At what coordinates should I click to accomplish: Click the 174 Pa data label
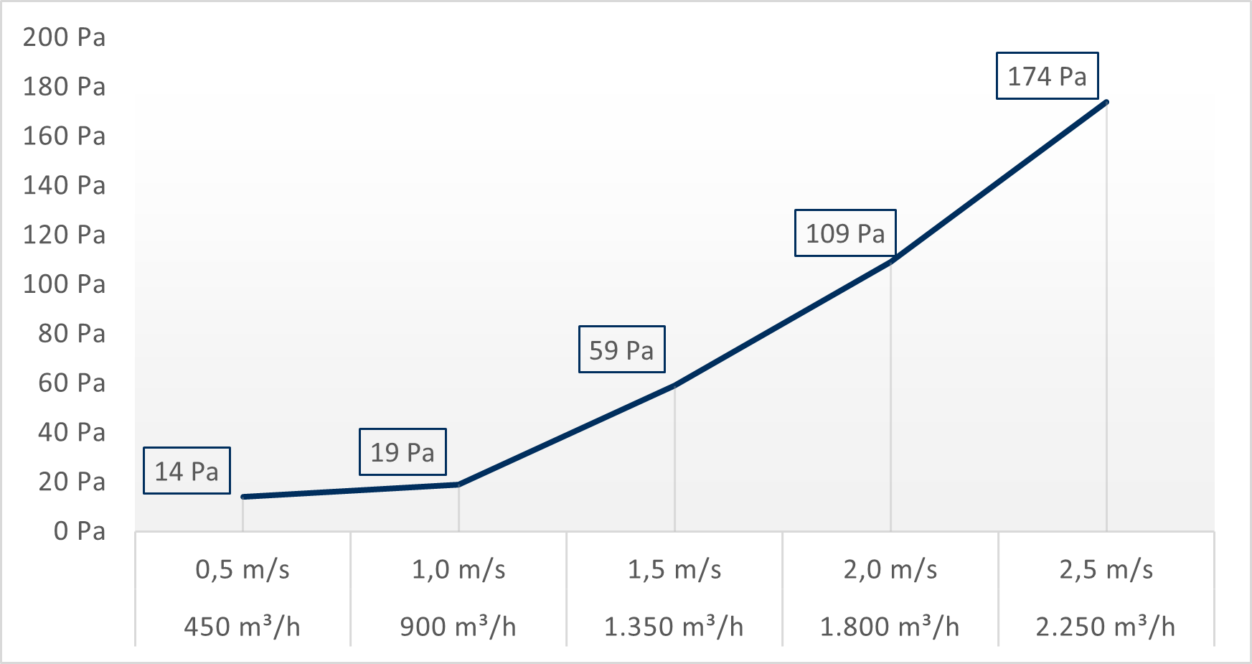[1047, 76]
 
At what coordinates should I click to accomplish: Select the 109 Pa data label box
[845, 233]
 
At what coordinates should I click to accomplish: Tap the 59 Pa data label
[621, 350]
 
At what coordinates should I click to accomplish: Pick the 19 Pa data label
[403, 452]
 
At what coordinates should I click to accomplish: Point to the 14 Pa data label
[187, 471]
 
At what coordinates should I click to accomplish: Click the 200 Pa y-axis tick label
[64, 37]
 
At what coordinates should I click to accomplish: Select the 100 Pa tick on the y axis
[64, 284]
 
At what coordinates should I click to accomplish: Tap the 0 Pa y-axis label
[79, 531]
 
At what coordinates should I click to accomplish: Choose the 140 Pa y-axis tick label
[64, 186]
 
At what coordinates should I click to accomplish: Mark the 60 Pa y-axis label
[72, 383]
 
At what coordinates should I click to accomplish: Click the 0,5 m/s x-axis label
[243, 570]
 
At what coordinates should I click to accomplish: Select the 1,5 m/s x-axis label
[674, 570]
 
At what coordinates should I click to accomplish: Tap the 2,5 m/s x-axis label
[1106, 570]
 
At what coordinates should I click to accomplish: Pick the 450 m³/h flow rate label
[243, 627]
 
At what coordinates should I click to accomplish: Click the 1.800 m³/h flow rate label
[890, 627]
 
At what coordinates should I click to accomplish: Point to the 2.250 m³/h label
[1106, 627]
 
